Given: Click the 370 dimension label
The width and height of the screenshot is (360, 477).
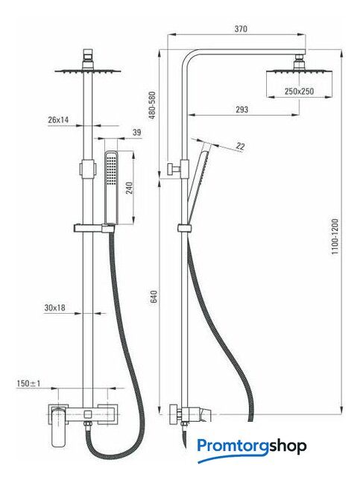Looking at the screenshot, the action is pos(241,29).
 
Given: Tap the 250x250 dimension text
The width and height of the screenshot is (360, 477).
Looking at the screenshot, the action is pos(299,91).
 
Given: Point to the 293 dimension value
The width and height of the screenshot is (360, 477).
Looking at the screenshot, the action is pos(241,110).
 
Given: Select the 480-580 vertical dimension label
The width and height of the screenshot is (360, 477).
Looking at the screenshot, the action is pos(152,105).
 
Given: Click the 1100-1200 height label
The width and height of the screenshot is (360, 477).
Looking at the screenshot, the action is pos(335,236).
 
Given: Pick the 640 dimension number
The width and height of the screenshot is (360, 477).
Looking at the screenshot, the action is pos(154,297).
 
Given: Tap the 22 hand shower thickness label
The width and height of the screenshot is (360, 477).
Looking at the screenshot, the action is pos(240,146).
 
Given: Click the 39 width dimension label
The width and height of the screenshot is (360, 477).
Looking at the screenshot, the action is pos(136,133).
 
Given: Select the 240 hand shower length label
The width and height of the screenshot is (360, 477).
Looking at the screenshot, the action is pos(129,188).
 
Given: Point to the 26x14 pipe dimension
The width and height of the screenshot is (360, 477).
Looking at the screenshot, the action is pos(58,120).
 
